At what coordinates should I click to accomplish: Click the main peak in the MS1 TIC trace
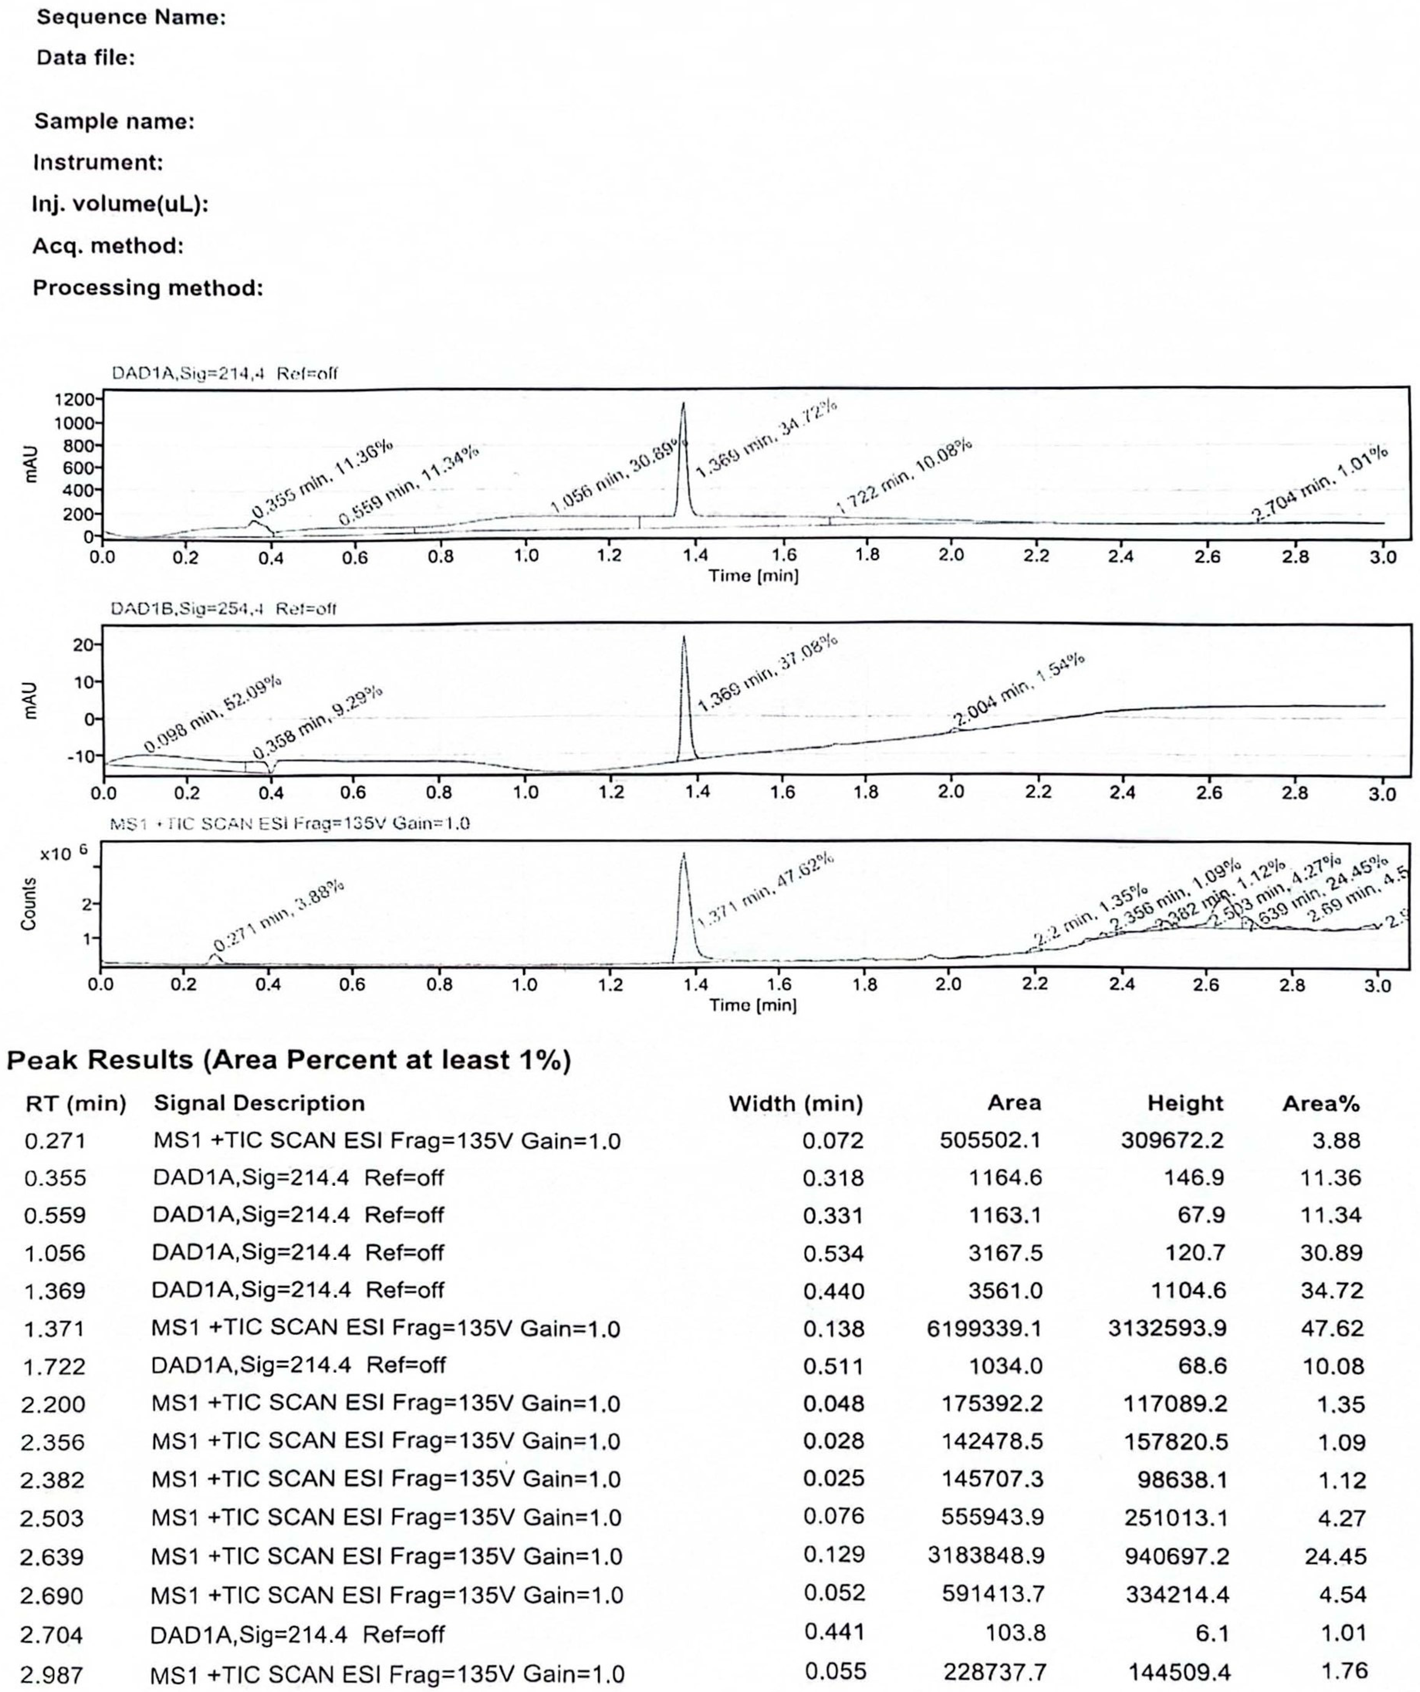coord(683,854)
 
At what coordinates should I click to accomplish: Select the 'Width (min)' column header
coord(795,1103)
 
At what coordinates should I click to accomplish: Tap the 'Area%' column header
coord(1320,1103)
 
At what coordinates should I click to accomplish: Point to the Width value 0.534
coord(833,1253)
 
